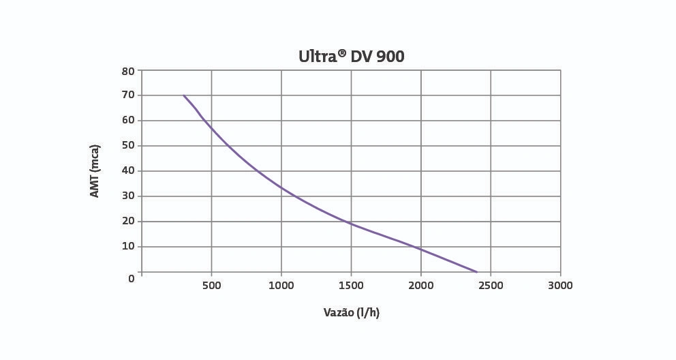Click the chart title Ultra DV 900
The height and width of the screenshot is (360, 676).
[x=351, y=56]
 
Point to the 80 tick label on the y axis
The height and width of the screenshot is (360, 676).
[x=128, y=70]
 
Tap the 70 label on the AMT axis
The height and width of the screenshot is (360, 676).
[x=128, y=95]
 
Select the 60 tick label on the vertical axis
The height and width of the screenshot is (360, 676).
[x=128, y=121]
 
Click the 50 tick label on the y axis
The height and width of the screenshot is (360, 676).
[x=128, y=146]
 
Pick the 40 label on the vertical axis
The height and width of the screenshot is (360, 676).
[x=128, y=171]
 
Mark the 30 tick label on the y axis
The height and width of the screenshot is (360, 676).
[x=128, y=196]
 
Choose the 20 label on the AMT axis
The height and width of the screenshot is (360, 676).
[x=128, y=222]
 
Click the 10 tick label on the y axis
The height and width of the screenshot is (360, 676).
[x=128, y=247]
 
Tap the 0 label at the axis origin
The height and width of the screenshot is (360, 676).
[x=132, y=278]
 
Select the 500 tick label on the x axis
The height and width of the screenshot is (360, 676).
[x=211, y=286]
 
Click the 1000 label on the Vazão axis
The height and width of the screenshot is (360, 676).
[x=281, y=286]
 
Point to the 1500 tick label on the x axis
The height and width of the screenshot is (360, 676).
[x=351, y=286]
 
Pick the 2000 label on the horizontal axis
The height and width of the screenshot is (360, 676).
[x=420, y=286]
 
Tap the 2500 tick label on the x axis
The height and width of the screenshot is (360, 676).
[x=491, y=286]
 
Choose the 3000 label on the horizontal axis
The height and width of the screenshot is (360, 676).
[x=560, y=286]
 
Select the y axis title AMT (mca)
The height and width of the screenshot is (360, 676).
[x=95, y=171]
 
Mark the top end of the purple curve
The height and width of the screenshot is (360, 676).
[x=184, y=95]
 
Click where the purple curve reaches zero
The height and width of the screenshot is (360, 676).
[x=476, y=272]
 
